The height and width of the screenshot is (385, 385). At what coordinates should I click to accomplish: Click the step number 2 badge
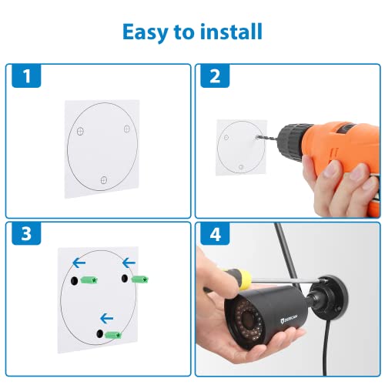(x=214, y=76)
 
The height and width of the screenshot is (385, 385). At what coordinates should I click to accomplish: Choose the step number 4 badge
(x=214, y=234)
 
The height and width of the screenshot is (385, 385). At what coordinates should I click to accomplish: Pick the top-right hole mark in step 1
(x=127, y=129)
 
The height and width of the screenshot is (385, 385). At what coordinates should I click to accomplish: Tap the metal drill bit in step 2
(x=261, y=135)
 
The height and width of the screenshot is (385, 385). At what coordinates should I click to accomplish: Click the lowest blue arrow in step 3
(x=105, y=316)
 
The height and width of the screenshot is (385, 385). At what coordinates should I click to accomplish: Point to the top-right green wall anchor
(x=140, y=277)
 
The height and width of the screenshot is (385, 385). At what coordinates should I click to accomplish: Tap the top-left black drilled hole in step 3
(x=73, y=282)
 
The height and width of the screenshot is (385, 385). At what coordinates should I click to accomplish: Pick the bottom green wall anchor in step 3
(x=114, y=334)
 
